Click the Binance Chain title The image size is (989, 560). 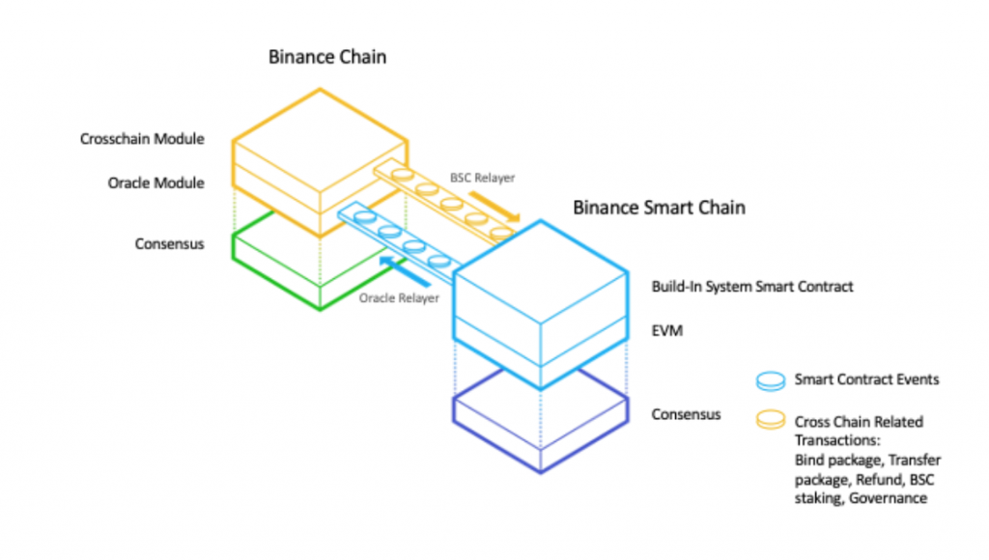(x=327, y=57)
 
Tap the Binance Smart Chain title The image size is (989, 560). (x=659, y=208)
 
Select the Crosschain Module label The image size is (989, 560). (x=142, y=139)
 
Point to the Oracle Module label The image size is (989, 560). (x=155, y=182)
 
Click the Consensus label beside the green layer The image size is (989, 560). (x=169, y=244)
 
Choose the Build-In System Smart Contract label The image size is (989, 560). (x=752, y=287)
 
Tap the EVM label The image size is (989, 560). (x=666, y=330)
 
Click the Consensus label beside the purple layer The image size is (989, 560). (x=687, y=414)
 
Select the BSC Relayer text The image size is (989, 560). (x=483, y=178)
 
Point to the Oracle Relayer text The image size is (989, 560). (x=399, y=297)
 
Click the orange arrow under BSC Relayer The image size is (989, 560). (x=494, y=207)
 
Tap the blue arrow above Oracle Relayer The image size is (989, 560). (x=405, y=270)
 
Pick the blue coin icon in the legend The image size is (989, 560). (x=771, y=381)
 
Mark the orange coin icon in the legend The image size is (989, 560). (x=771, y=419)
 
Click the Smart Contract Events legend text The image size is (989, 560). (x=866, y=379)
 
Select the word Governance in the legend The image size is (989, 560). (x=889, y=498)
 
